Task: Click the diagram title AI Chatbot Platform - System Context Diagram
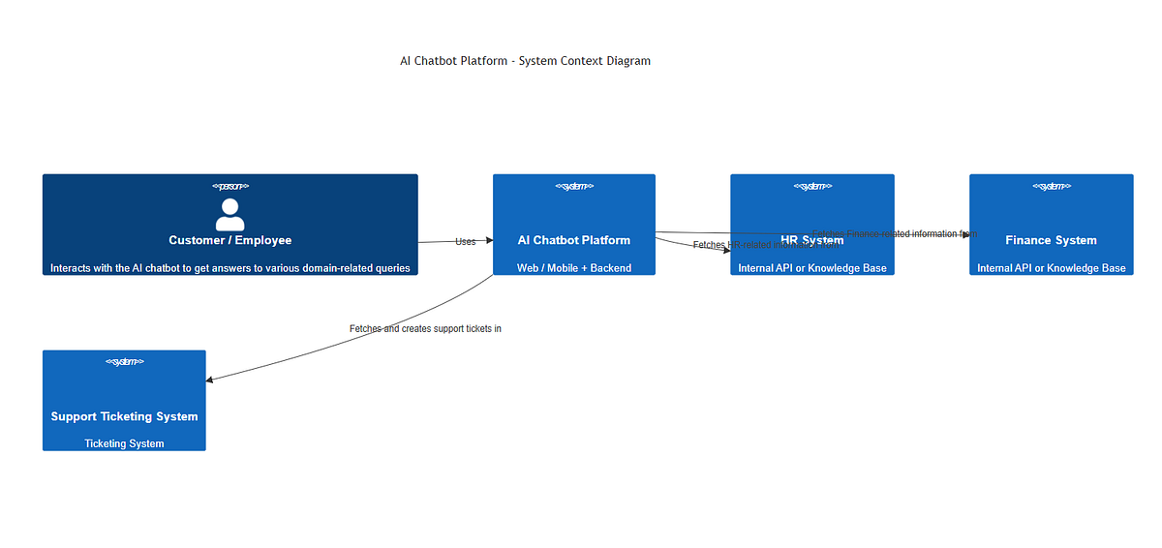(x=525, y=61)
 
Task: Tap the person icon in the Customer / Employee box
(x=229, y=214)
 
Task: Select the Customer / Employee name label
(x=229, y=240)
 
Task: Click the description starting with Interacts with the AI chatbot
(x=229, y=268)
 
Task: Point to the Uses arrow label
(x=465, y=241)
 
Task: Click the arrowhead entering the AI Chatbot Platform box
(x=488, y=240)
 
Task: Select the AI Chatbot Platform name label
(x=573, y=240)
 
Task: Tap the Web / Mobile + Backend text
(x=573, y=268)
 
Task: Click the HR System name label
(x=811, y=240)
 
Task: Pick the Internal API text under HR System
(x=811, y=268)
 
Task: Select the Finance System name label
(x=1051, y=240)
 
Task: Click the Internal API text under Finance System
(x=1051, y=268)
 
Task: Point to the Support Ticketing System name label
(x=124, y=416)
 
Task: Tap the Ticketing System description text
(x=124, y=444)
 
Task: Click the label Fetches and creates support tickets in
(x=425, y=329)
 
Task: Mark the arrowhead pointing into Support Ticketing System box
(x=210, y=380)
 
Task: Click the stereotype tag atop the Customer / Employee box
(x=229, y=186)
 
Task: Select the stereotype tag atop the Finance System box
(x=1051, y=186)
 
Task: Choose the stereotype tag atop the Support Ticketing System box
(x=124, y=362)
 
